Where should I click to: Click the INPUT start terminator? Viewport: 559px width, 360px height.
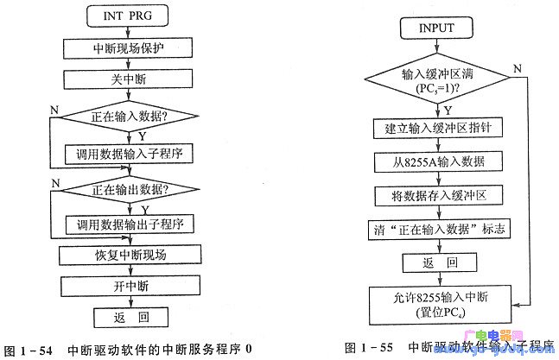(436, 28)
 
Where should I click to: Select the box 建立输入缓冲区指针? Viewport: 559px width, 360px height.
(436, 129)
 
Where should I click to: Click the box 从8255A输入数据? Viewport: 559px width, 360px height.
(436, 162)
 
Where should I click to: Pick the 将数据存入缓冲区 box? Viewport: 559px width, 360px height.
(436, 196)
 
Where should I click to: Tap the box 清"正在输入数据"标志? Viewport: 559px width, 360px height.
(436, 230)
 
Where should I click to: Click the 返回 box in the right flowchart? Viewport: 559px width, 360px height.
(436, 263)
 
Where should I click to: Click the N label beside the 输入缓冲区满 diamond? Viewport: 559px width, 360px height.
(516, 69)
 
